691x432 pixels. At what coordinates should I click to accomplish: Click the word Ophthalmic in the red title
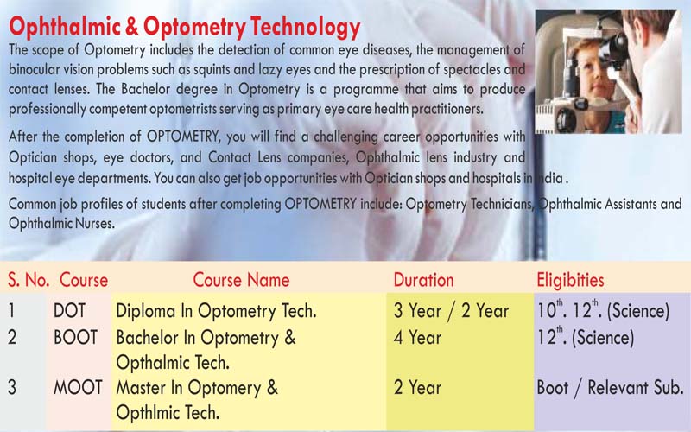[x=65, y=28]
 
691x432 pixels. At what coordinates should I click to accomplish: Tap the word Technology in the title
[x=306, y=28]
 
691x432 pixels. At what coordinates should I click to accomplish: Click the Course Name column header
[x=241, y=280]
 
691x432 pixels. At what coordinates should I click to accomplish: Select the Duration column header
[x=423, y=280]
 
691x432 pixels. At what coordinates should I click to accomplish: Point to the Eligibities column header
[x=570, y=280]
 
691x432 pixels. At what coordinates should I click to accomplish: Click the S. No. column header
[x=29, y=280]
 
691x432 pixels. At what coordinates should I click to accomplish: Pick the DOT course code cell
[x=69, y=311]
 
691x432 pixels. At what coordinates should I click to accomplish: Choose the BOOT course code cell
[x=75, y=338]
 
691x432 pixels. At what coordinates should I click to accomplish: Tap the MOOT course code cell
[x=78, y=387]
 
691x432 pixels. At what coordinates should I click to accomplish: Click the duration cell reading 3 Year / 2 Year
[x=451, y=311]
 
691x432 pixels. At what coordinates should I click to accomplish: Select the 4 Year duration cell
[x=417, y=338]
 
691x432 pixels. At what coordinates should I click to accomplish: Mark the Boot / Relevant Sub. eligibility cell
[x=610, y=388]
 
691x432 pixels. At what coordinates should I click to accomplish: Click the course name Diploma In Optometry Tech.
[x=217, y=311]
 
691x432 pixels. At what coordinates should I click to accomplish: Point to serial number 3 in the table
[x=12, y=387]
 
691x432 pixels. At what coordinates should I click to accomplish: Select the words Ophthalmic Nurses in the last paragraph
[x=61, y=223]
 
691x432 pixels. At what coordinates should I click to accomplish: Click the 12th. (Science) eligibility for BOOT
[x=586, y=337]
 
